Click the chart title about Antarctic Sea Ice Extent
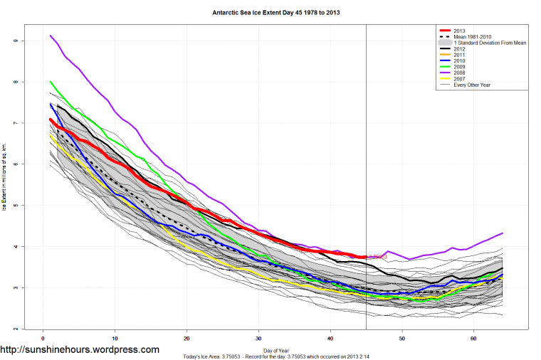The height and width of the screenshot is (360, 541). [270, 13]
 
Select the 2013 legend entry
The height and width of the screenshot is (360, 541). [460, 31]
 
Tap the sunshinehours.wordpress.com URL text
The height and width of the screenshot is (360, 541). [80, 350]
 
